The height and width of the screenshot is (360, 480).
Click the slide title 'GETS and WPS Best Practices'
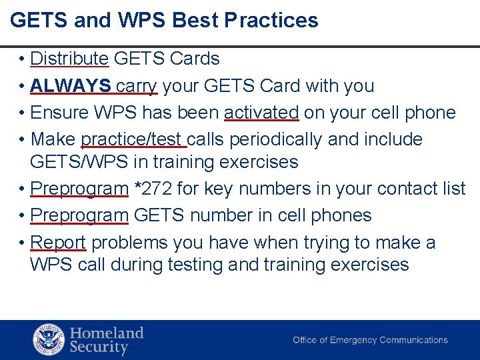coord(164,20)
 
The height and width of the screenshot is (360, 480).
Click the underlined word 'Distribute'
coord(69,59)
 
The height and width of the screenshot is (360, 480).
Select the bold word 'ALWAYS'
coord(71,86)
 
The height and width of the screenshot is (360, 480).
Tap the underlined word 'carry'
coord(136,87)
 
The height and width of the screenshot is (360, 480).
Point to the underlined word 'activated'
coord(261,113)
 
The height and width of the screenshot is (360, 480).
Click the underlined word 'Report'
coord(59,242)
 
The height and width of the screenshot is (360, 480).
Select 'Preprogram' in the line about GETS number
coord(79,215)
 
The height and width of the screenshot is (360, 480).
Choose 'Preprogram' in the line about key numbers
coord(79,189)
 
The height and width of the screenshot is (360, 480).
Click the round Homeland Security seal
coord(49,339)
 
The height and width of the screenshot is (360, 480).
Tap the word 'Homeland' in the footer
coord(107,333)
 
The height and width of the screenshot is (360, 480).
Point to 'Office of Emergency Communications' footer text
coord(370,340)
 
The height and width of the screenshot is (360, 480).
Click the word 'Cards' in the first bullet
coord(194,59)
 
